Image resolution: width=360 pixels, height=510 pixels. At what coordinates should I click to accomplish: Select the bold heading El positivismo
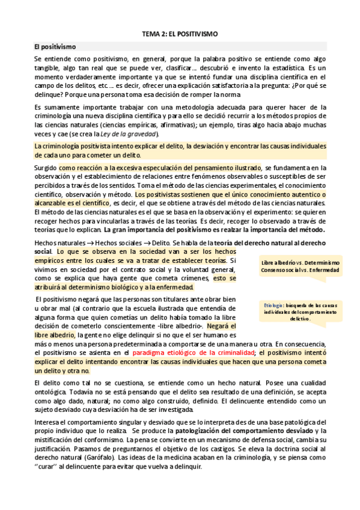click(55, 46)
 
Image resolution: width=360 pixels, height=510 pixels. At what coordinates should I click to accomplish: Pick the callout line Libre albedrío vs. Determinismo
click(300, 263)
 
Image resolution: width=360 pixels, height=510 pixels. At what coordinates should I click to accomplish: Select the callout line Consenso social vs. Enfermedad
click(300, 271)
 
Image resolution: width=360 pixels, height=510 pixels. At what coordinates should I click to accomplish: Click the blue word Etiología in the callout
click(275, 306)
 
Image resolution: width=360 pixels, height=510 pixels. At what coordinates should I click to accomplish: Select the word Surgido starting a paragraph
click(46, 168)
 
